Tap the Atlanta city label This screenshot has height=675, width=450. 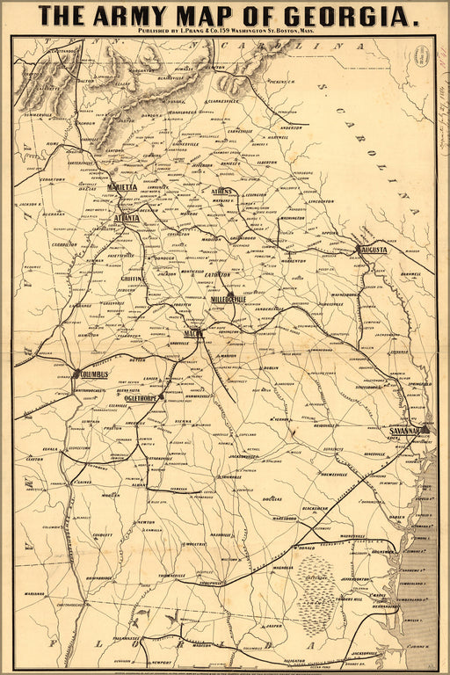coord(133,216)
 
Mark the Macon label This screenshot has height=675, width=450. coord(194,333)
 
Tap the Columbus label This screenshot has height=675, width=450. coord(92,374)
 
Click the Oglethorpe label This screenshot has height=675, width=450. coord(141,396)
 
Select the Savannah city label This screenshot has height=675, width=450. coord(406,432)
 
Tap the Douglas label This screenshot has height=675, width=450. coord(270,498)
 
